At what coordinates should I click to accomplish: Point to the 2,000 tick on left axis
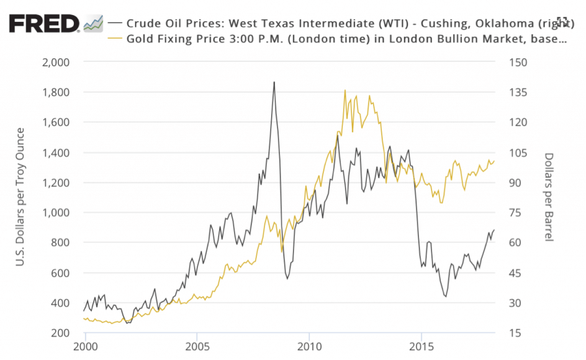tap(55, 62)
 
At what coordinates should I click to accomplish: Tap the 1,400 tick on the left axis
tap(56, 153)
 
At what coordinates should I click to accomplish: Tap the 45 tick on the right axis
tap(515, 273)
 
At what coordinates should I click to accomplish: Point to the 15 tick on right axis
tap(515, 333)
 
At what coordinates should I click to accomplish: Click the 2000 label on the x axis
tap(85, 346)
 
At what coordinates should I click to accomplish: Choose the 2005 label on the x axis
tap(197, 346)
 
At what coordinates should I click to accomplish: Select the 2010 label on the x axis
tap(309, 346)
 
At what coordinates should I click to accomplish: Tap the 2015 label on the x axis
tap(421, 346)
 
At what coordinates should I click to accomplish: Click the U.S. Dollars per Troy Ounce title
tap(20, 197)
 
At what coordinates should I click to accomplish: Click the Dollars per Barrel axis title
tap(548, 197)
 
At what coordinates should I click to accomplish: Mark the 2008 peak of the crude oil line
tap(274, 82)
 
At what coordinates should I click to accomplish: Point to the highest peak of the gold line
tap(345, 90)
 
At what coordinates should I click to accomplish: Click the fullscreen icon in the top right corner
tap(562, 22)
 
